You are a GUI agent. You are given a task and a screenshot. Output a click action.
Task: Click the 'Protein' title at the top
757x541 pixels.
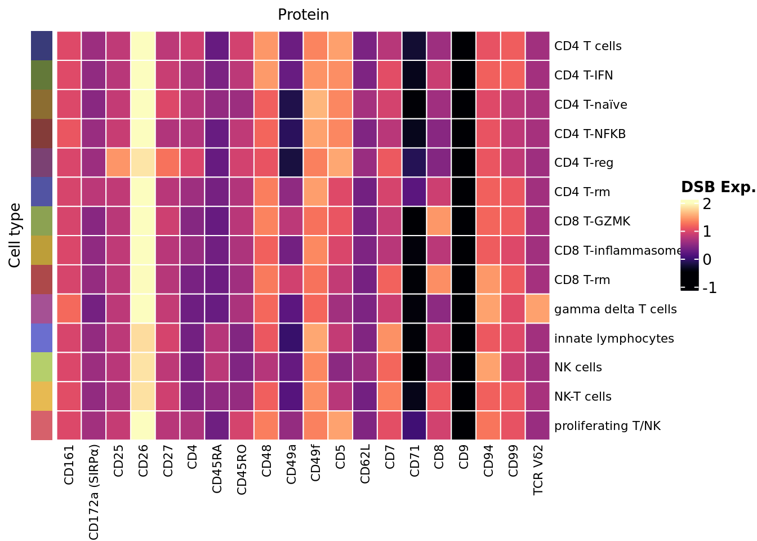click(303, 15)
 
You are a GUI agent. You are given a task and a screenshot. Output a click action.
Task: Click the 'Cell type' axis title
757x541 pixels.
click(15, 235)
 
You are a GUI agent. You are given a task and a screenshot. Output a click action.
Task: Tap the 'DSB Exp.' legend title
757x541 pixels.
click(718, 188)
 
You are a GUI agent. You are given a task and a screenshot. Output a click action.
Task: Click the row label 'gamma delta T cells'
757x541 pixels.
click(615, 309)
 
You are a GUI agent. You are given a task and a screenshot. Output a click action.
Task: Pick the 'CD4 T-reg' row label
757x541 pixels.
click(584, 163)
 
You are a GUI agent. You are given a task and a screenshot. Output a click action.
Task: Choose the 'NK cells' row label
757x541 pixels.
click(578, 367)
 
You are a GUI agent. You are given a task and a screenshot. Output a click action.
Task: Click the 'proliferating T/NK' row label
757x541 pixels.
click(607, 426)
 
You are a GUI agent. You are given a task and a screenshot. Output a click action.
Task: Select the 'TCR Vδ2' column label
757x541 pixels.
click(538, 469)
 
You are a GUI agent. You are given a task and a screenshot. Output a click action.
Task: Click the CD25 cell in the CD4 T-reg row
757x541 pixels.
click(118, 163)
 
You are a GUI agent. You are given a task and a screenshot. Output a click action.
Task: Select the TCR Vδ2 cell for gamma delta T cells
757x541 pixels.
click(537, 309)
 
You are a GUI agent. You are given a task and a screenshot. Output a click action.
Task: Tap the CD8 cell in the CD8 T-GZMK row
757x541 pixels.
click(439, 221)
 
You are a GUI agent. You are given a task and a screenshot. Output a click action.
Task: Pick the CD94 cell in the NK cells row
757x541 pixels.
click(488, 367)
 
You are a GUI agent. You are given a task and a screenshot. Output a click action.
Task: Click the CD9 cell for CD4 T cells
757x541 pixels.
click(464, 46)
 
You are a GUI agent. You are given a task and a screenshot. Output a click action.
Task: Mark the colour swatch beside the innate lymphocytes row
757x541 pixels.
click(42, 338)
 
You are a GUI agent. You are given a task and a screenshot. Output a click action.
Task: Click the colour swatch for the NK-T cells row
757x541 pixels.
click(42, 397)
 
